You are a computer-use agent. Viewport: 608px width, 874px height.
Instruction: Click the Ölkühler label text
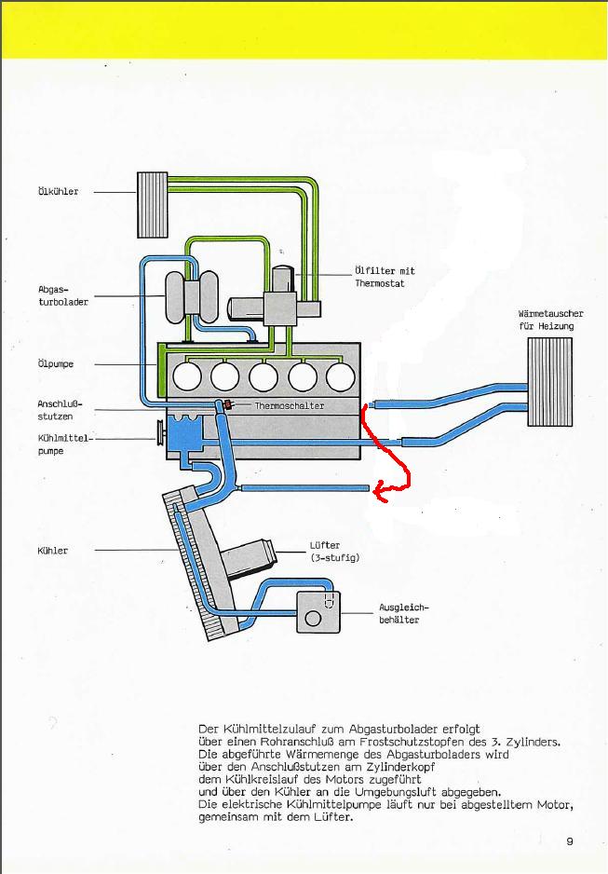[x=59, y=191]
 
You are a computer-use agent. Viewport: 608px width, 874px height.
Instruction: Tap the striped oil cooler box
[x=153, y=205]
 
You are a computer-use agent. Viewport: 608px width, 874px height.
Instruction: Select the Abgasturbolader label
[x=63, y=295]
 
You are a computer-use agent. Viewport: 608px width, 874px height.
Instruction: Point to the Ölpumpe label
[x=56, y=364]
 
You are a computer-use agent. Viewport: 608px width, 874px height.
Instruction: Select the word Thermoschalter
[x=289, y=406]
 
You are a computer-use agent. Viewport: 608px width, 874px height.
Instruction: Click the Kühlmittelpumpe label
[x=63, y=444]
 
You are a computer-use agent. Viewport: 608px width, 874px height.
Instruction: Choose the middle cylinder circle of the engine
[x=263, y=376]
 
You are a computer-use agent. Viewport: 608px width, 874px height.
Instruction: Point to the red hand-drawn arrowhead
[x=380, y=490]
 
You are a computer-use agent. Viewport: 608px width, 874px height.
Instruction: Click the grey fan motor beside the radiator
[x=249, y=558]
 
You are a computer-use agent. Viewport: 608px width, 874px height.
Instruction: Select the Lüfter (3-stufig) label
[x=334, y=551]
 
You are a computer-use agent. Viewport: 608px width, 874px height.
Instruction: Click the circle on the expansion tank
[x=313, y=618]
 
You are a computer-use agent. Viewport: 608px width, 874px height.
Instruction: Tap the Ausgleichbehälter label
[x=404, y=613]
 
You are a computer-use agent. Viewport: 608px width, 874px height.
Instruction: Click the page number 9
[x=569, y=841]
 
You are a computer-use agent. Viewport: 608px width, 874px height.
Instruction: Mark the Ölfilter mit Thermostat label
[x=385, y=277]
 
